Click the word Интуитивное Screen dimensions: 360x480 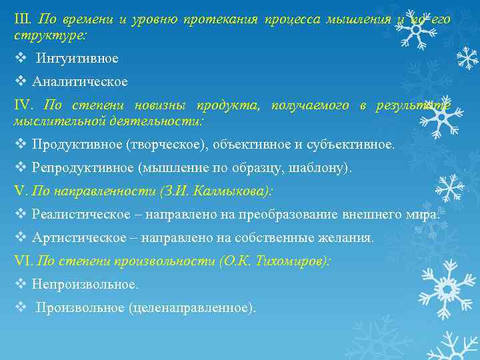pos(77,59)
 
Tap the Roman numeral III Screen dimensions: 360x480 pos(23,19)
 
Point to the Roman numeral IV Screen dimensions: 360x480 pos(24,106)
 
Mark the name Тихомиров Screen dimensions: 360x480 pos(289,261)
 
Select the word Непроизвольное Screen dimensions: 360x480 pos(85,284)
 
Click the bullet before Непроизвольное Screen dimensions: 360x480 pos(20,284)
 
